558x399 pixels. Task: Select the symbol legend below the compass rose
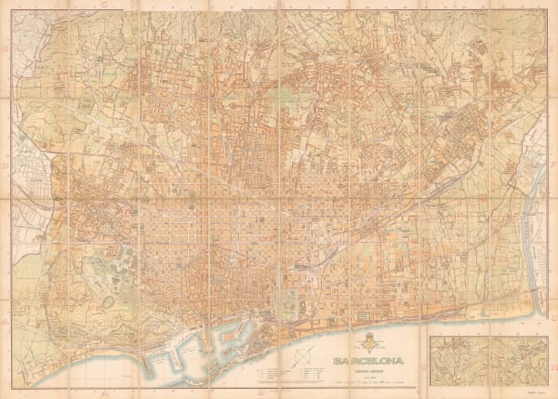coord(279,376)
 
